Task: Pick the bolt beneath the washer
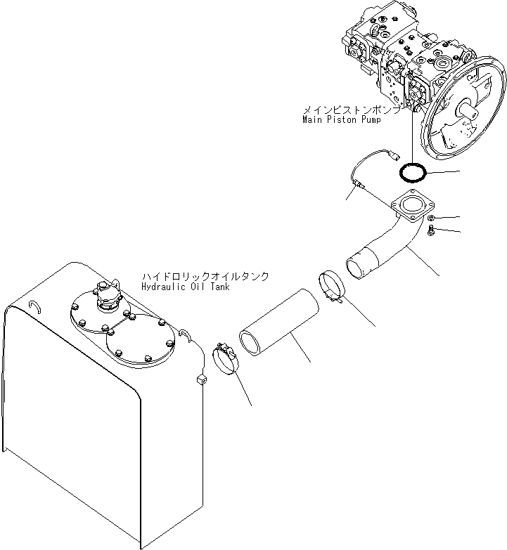[x=430, y=231]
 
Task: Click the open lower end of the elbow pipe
[x=357, y=268]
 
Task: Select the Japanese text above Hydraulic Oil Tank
[x=205, y=277]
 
